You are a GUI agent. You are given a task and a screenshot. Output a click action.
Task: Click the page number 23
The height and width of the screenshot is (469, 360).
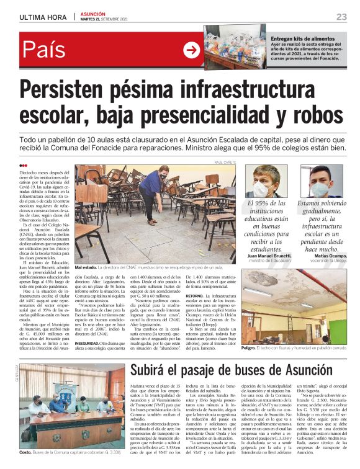(x=341, y=16)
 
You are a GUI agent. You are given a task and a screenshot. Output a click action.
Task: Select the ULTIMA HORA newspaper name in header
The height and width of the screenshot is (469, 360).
(x=43, y=17)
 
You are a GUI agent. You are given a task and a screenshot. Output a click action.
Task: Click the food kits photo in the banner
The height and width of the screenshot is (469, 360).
(x=236, y=47)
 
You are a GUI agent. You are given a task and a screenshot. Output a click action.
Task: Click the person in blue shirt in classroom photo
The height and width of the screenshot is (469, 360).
(x=150, y=189)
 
